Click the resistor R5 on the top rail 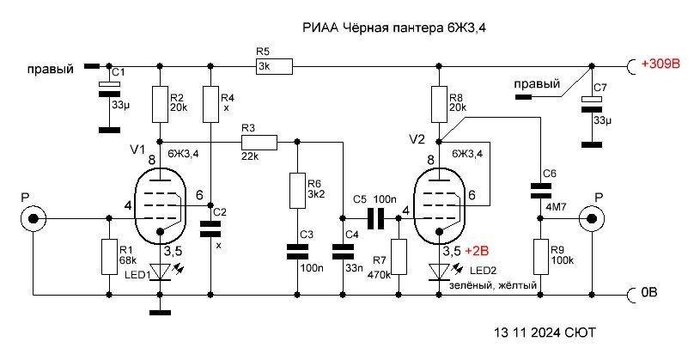[x=274, y=64]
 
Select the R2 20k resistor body [x=160, y=104]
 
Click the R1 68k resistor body [x=109, y=256]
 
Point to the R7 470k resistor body [x=399, y=256]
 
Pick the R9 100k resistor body [x=541, y=256]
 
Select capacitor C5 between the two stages [x=374, y=218]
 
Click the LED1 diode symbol [x=160, y=271]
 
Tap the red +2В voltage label [x=478, y=252]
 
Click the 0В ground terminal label [x=651, y=292]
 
